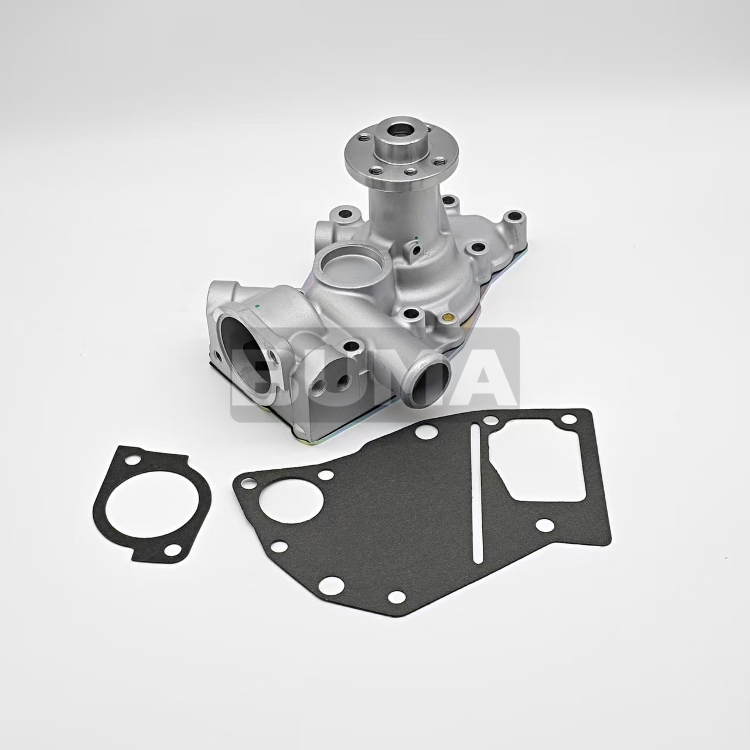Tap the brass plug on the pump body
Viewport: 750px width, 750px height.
click(x=449, y=318)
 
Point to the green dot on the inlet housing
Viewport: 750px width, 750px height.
click(x=257, y=305)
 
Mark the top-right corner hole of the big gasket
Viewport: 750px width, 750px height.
click(x=566, y=421)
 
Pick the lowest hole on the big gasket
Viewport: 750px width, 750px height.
click(x=395, y=596)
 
